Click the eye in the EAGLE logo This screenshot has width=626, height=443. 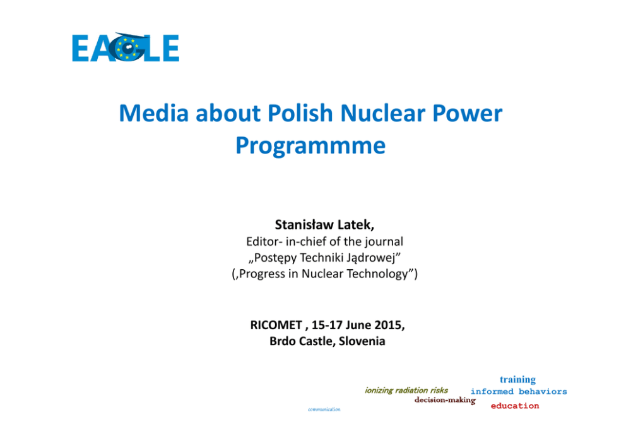(x=127, y=47)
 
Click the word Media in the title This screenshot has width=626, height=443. (x=154, y=113)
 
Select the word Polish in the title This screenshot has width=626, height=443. (x=300, y=113)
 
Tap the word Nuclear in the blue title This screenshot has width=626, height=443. (x=382, y=113)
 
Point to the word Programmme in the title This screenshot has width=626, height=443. (x=310, y=146)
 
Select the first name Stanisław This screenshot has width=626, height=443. (x=304, y=225)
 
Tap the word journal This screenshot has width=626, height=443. (x=384, y=242)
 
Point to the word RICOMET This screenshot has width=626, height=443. (x=276, y=325)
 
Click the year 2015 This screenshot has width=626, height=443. (x=389, y=325)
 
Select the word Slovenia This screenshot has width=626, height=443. (x=362, y=341)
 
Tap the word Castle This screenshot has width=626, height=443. (x=317, y=341)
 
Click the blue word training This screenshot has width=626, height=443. (x=518, y=379)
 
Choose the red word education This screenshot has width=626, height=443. (x=515, y=406)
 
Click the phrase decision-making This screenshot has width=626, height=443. (x=445, y=400)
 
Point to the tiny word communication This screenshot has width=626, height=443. (x=324, y=410)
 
